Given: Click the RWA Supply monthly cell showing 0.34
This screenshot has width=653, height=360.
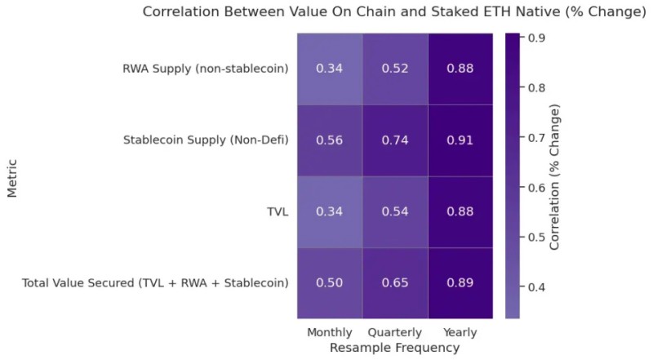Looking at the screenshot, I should [330, 69].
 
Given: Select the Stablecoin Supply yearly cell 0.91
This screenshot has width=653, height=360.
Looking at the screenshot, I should [460, 140].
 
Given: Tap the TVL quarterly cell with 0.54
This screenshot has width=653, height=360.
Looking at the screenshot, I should [395, 211].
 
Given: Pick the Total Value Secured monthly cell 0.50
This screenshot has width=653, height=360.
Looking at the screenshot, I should [330, 282].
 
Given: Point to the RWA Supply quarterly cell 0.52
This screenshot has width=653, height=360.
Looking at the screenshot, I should [395, 69].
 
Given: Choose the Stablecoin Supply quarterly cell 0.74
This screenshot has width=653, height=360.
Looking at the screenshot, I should [395, 140].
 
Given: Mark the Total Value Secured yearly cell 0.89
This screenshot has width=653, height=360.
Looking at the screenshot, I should [460, 282].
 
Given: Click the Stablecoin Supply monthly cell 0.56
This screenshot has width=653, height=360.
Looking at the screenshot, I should [330, 140].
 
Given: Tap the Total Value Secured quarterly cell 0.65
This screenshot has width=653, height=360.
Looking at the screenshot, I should [395, 282].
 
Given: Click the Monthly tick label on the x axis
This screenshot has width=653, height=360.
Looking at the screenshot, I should [330, 332].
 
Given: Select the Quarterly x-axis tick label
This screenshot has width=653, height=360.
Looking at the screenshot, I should [395, 332].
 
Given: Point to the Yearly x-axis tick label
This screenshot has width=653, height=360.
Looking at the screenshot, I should [460, 332].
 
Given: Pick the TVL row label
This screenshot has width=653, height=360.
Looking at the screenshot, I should [278, 211].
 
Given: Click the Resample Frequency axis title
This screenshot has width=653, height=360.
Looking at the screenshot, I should [394, 348].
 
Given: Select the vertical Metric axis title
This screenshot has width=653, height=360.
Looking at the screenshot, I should [12, 176].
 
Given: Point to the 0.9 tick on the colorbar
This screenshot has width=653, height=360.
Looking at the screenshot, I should [538, 38].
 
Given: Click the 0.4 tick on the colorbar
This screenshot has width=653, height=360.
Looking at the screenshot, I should [538, 287].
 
